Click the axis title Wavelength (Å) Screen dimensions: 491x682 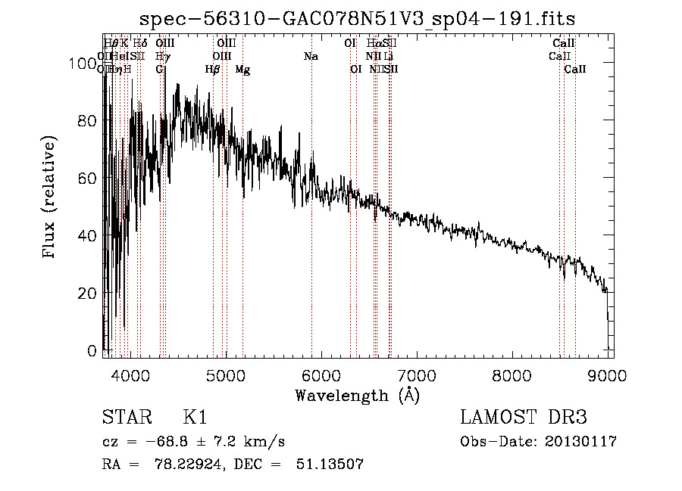pyautogui.click(x=357, y=394)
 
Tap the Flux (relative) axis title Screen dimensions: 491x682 pyautogui.click(x=51, y=198)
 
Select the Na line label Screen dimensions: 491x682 pyautogui.click(x=311, y=57)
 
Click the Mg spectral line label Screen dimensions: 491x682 pyautogui.click(x=242, y=70)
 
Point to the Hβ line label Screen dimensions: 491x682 pyautogui.click(x=213, y=70)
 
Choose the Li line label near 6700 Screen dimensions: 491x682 pyautogui.click(x=388, y=57)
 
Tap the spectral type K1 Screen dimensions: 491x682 pyautogui.click(x=195, y=418)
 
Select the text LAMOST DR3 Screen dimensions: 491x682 pyautogui.click(x=523, y=418)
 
